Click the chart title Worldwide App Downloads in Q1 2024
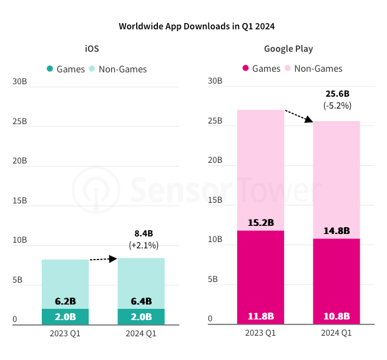click(x=197, y=26)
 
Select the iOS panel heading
click(x=92, y=49)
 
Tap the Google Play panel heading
click(x=288, y=49)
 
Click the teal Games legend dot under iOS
click(x=49, y=69)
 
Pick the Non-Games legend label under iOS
click(x=122, y=69)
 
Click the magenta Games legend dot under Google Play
click(x=245, y=68)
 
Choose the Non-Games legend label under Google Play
click(x=318, y=68)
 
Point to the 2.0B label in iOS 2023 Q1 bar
click(x=65, y=316)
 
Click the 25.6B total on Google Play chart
click(x=337, y=94)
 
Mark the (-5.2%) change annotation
click(x=337, y=106)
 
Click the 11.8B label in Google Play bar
click(x=260, y=316)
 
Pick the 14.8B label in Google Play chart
click(x=336, y=231)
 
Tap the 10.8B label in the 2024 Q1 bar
click(x=336, y=316)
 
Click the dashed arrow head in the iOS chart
click(x=114, y=258)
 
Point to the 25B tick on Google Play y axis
click(x=215, y=120)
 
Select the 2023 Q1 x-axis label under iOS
click(x=65, y=333)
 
